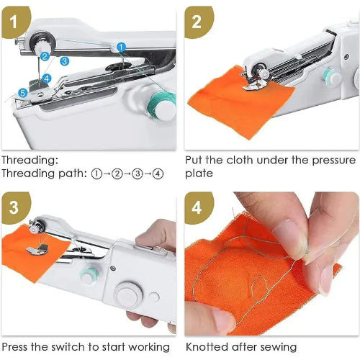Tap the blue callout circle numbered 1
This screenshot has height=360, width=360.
(121, 47)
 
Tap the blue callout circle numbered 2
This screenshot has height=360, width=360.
(45, 55)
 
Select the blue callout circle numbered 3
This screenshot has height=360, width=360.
(64, 61)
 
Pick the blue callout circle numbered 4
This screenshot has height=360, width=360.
(46, 78)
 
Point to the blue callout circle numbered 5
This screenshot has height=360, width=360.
(22, 92)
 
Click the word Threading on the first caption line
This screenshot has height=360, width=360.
(30, 161)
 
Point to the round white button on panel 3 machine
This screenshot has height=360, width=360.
(128, 295)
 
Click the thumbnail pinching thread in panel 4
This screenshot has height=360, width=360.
(288, 237)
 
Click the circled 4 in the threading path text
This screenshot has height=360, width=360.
(158, 174)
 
